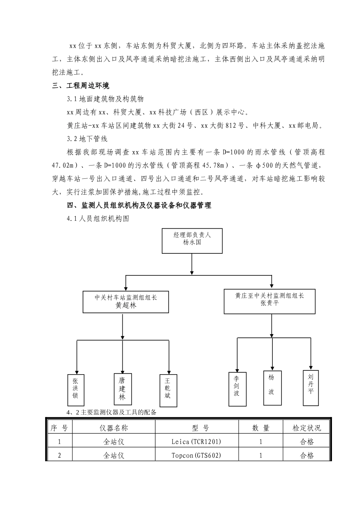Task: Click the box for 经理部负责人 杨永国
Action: [x=192, y=240]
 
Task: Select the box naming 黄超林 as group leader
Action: [x=126, y=302]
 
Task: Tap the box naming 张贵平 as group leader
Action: [x=269, y=301]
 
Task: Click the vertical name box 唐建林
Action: [x=122, y=389]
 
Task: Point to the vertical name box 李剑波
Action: [x=236, y=388]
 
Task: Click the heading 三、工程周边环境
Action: [x=81, y=86]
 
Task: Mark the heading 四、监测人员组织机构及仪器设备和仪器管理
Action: [x=139, y=205]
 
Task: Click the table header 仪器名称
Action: [x=114, y=428]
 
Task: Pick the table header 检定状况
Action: [x=307, y=428]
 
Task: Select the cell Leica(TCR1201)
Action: [x=196, y=442]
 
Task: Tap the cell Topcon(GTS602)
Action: [x=196, y=455]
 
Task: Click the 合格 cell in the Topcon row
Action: [x=307, y=455]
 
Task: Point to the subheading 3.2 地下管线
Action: [x=87, y=139]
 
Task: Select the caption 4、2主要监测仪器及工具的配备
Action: [x=111, y=412]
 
